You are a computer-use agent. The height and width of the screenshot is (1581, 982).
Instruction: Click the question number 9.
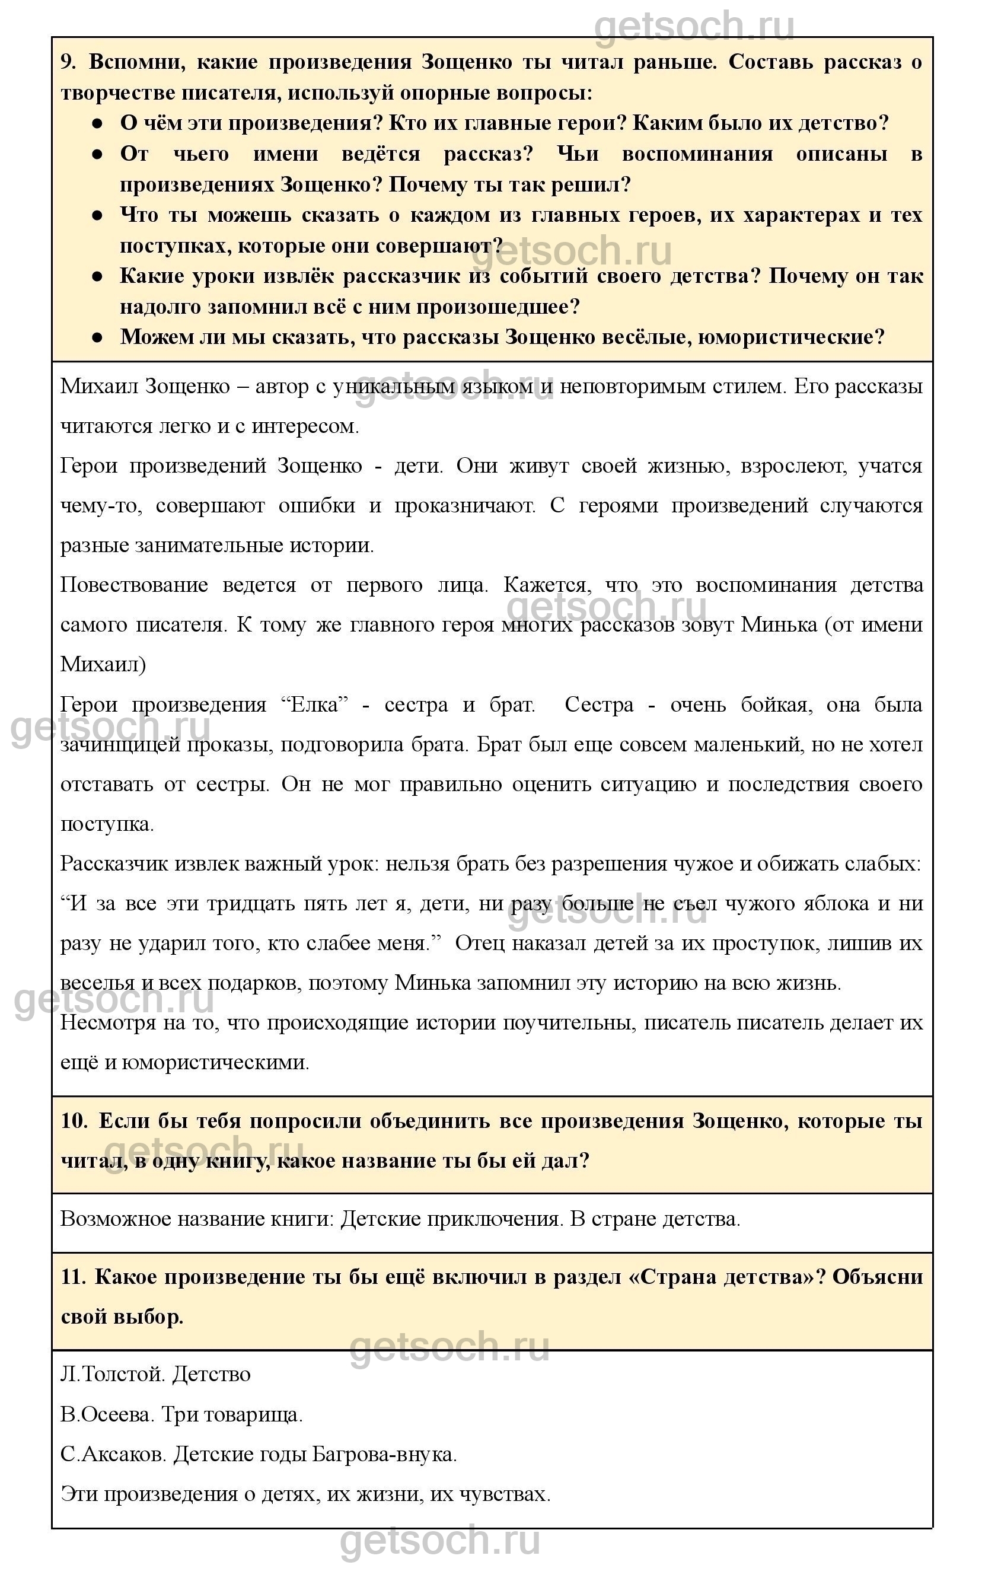pyautogui.click(x=68, y=62)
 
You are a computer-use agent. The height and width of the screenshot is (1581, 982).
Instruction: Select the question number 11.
pyautogui.click(x=74, y=1276)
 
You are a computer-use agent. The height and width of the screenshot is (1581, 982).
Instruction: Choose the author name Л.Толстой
pyautogui.click(x=113, y=1375)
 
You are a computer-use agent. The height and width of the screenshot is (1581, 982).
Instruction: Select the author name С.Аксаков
pyautogui.click(x=113, y=1454)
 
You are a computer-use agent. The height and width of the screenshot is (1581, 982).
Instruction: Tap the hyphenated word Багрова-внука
pyautogui.click(x=384, y=1454)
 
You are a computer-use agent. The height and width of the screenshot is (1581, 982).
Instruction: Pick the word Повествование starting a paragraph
pyautogui.click(x=134, y=585)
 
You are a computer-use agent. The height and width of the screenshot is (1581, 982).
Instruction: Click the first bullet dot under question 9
pyautogui.click(x=97, y=123)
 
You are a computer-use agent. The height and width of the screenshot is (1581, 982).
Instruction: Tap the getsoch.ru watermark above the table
pyautogui.click(x=694, y=26)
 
